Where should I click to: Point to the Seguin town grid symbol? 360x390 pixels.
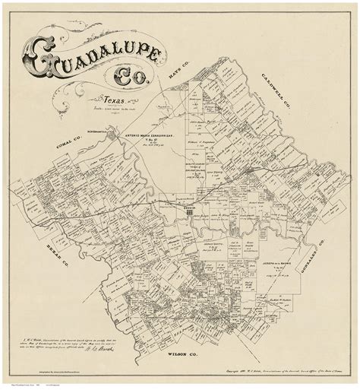(x=188, y=214)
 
